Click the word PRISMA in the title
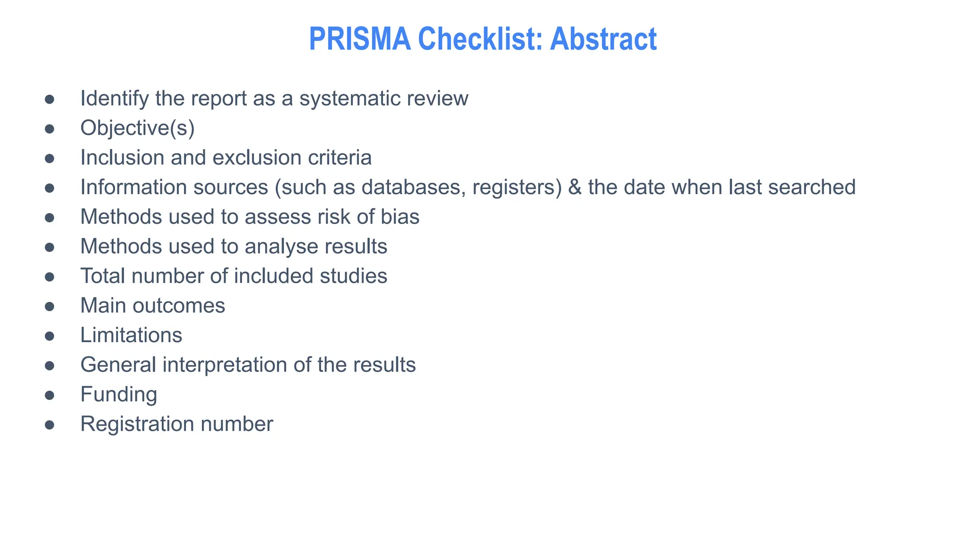coord(359,39)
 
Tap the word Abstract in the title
coord(603,39)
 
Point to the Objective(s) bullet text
coord(137,128)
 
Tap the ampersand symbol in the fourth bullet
coord(575,187)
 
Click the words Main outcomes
coord(152,305)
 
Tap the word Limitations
coord(131,335)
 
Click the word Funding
coord(118,395)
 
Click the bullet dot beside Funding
coord(50,395)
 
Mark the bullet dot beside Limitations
coord(50,336)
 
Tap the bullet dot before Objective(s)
coord(50,129)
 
